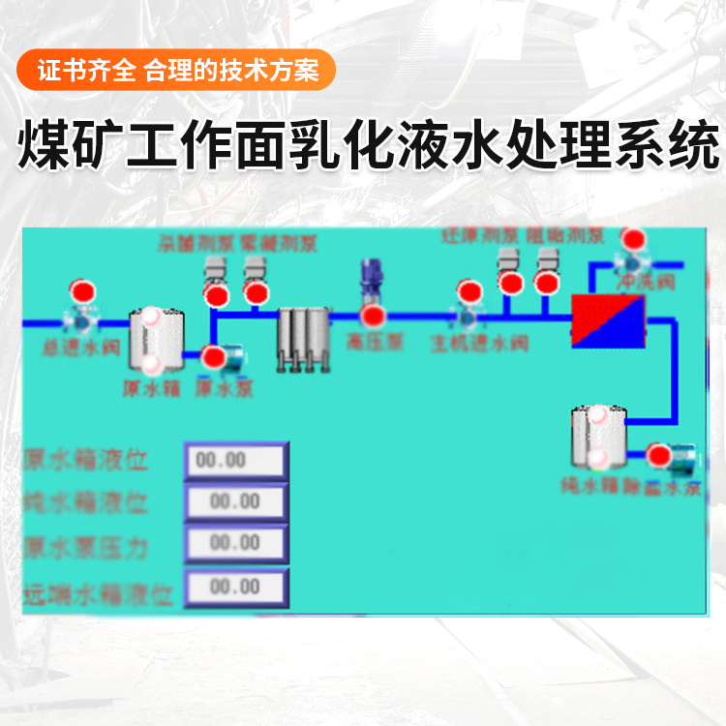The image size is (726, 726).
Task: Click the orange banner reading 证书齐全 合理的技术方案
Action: tap(176, 71)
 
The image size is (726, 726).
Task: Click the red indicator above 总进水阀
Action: tap(82, 290)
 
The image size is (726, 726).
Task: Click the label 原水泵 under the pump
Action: tap(225, 388)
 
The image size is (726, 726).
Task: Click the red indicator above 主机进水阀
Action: tap(470, 290)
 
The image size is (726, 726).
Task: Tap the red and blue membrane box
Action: tap(608, 320)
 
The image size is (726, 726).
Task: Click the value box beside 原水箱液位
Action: tap(235, 461)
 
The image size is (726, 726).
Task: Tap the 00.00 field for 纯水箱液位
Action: tap(235, 501)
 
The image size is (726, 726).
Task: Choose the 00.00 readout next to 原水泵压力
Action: tap(235, 543)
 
